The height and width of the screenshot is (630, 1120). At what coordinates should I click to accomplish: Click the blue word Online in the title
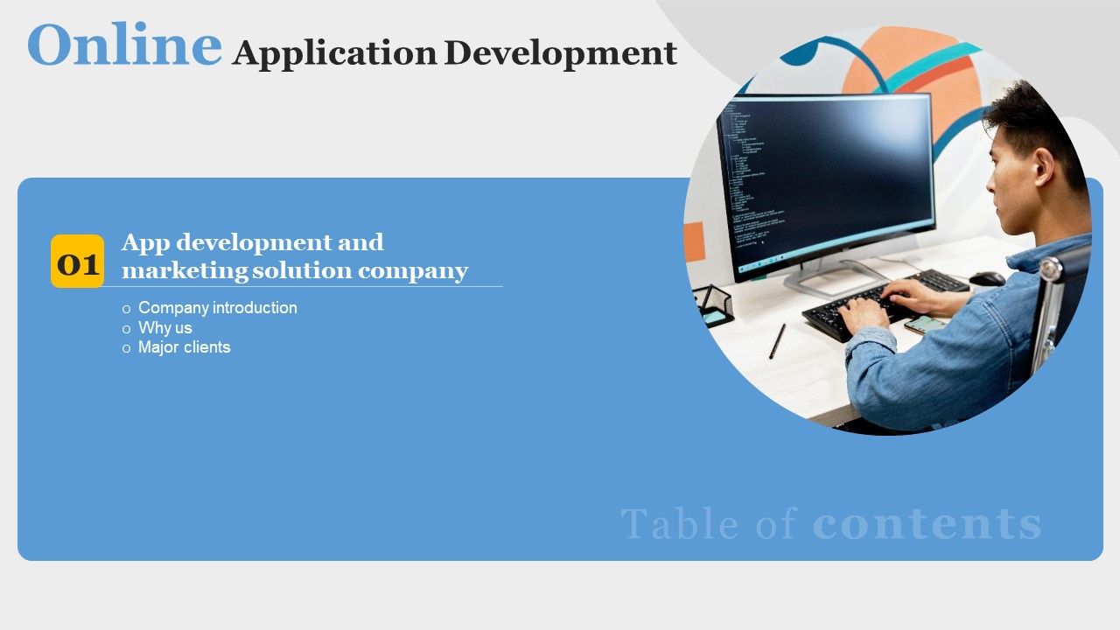pos(124,45)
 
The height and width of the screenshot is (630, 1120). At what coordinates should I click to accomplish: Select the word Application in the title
pos(334,54)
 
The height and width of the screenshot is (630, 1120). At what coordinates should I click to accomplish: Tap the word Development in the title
pos(560,54)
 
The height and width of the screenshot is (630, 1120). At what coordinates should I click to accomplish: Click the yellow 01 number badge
pos(77,262)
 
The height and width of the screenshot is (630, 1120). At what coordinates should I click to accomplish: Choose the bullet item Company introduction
pos(217,308)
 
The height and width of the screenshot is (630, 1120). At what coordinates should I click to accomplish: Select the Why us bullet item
pos(164,328)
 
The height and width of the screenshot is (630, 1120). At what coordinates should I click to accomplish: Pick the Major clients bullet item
pos(184,347)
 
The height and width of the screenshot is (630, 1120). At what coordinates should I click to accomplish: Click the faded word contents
pos(927,524)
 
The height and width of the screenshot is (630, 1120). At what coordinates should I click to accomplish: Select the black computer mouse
pos(987,278)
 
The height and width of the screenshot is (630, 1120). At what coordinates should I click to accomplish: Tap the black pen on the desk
pos(777,341)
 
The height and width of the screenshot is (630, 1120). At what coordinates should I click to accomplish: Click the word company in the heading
pos(413,271)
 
